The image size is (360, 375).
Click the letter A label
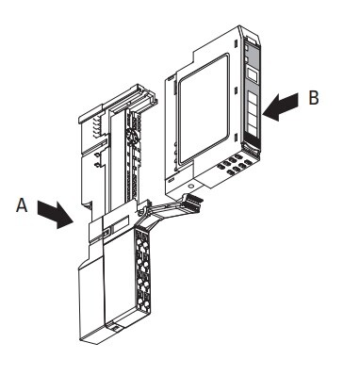click(22, 205)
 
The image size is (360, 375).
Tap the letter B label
click(314, 97)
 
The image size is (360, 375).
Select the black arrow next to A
click(56, 215)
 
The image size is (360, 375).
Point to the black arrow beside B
click(280, 106)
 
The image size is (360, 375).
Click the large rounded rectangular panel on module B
click(204, 108)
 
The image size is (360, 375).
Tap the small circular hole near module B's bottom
click(191, 186)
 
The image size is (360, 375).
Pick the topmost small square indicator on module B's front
click(247, 48)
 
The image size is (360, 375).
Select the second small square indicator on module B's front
click(247, 59)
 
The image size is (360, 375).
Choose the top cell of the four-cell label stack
click(252, 97)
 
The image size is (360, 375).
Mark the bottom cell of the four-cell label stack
click(252, 126)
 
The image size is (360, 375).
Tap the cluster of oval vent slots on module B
click(234, 163)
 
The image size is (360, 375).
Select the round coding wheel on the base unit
click(131, 137)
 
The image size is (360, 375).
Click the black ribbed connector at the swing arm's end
click(192, 201)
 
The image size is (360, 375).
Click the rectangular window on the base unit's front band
click(121, 224)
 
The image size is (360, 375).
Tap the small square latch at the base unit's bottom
click(116, 328)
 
